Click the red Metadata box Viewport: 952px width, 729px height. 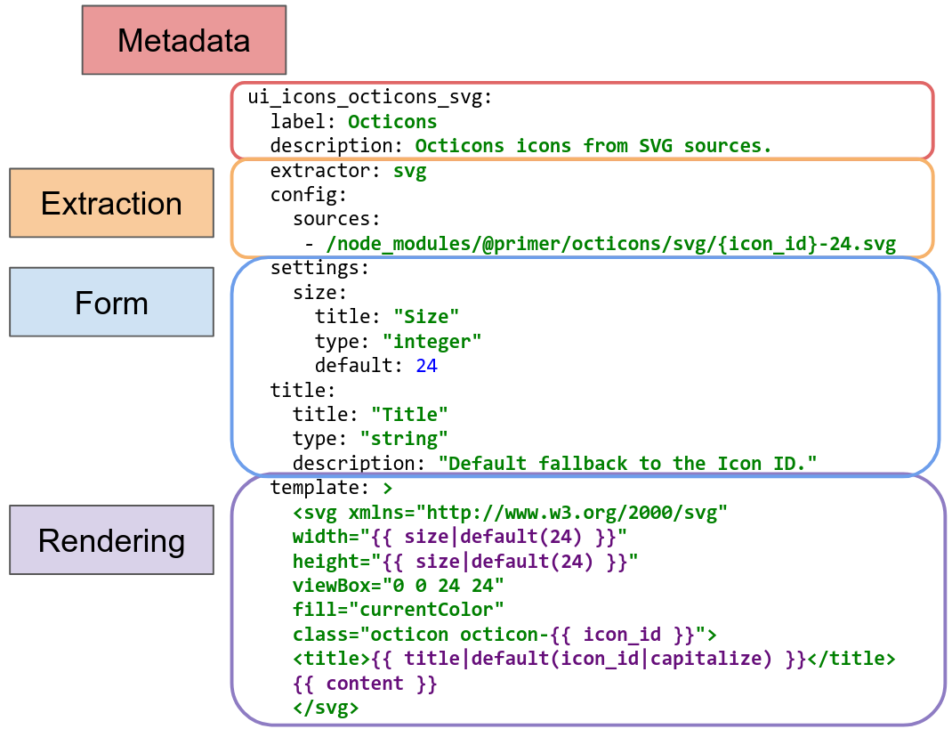point(184,40)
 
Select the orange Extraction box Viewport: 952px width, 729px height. point(111,203)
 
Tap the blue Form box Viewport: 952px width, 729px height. point(111,303)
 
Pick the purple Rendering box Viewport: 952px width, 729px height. point(111,540)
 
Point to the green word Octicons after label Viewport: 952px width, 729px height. point(392,121)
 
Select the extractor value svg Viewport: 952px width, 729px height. point(410,171)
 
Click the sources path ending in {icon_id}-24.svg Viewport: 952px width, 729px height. point(610,244)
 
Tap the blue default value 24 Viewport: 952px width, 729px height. point(426,365)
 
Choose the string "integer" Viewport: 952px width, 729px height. point(432,341)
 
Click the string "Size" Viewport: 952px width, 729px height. point(426,317)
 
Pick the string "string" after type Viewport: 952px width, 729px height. point(404,439)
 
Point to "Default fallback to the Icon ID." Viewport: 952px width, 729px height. point(627,463)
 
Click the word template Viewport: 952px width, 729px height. point(313,488)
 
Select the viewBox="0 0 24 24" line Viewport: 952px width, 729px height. point(398,585)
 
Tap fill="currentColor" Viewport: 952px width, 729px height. point(398,610)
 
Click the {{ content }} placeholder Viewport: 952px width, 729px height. point(365,684)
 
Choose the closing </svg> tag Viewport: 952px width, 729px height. point(326,708)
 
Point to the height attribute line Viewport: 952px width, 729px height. point(465,561)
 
